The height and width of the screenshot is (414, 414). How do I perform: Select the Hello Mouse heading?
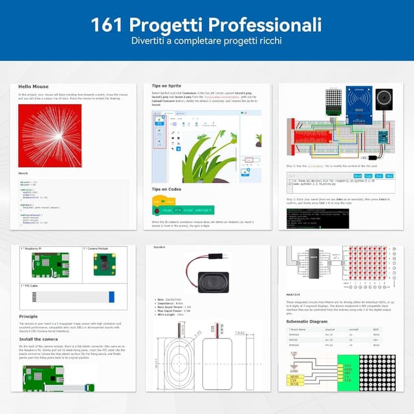click(33, 86)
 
